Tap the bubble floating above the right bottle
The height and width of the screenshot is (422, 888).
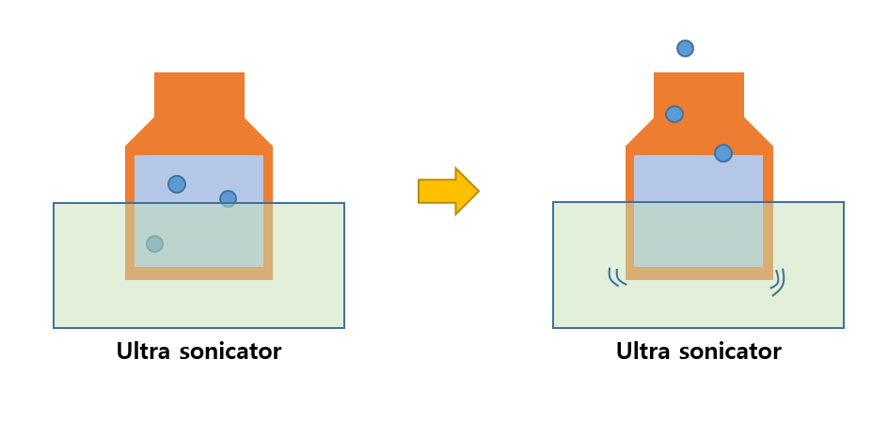685,48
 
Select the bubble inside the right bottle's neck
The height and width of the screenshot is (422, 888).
674,114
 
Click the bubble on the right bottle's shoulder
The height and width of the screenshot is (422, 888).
722,152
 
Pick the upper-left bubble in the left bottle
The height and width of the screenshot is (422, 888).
177,184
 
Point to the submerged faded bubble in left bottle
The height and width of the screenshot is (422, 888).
155,243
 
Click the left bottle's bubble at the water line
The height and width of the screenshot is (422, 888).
228,198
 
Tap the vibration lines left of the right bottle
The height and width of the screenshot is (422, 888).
616,276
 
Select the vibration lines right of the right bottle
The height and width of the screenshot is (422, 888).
778,281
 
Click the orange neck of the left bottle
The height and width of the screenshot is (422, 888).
198,94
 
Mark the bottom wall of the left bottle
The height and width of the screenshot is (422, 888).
198,274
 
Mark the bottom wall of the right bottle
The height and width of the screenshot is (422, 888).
699,274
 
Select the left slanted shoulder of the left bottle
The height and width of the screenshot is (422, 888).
141,133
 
